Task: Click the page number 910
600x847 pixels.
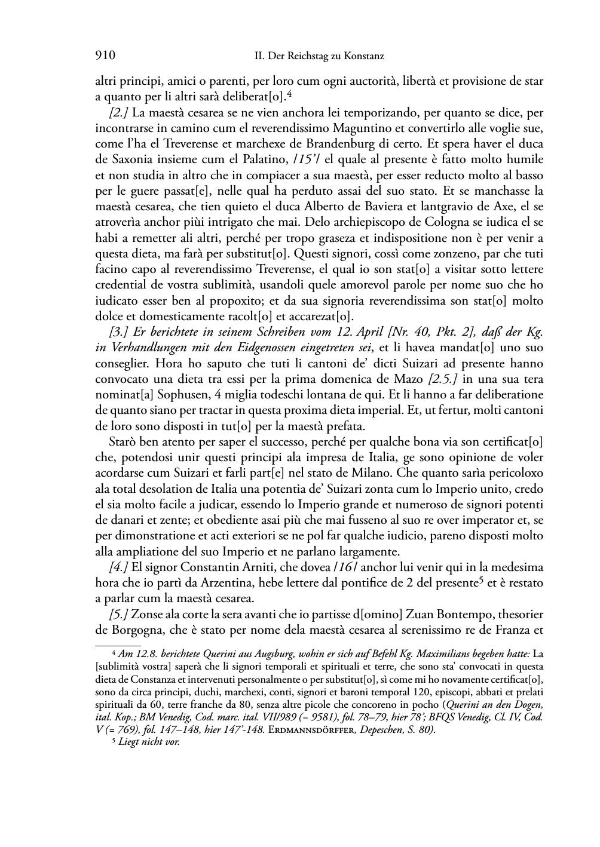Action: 105,56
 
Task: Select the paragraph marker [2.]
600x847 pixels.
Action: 120,112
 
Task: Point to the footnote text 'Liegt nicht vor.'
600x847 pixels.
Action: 149,742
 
